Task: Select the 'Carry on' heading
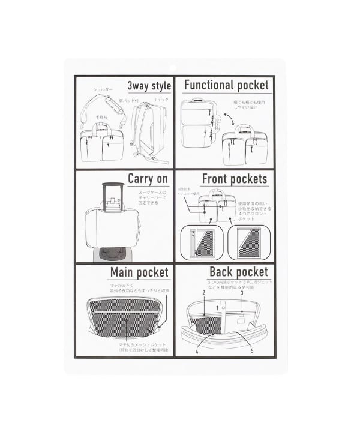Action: pos(148,178)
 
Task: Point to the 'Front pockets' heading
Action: pos(234,178)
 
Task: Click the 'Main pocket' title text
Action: pos(139,272)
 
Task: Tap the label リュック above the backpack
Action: pos(161,100)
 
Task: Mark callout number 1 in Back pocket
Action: pos(220,308)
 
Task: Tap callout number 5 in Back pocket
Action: pos(252,350)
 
